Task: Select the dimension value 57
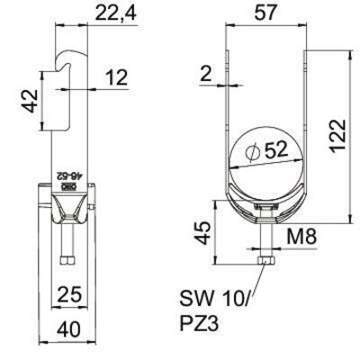click(x=265, y=13)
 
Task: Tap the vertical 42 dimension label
click(x=31, y=101)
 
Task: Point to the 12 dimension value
click(x=116, y=77)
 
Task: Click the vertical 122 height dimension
click(x=338, y=136)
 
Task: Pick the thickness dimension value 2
click(x=206, y=74)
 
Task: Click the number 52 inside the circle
click(x=275, y=149)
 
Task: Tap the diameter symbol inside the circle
click(x=252, y=152)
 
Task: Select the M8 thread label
click(x=301, y=236)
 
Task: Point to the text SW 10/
click(x=215, y=299)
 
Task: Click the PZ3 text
click(x=200, y=323)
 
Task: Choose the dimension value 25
click(x=69, y=294)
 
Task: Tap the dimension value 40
click(x=68, y=328)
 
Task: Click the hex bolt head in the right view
click(x=265, y=260)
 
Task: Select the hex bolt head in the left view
click(x=67, y=260)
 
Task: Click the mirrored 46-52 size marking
click(x=69, y=175)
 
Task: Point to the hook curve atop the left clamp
click(x=71, y=55)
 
